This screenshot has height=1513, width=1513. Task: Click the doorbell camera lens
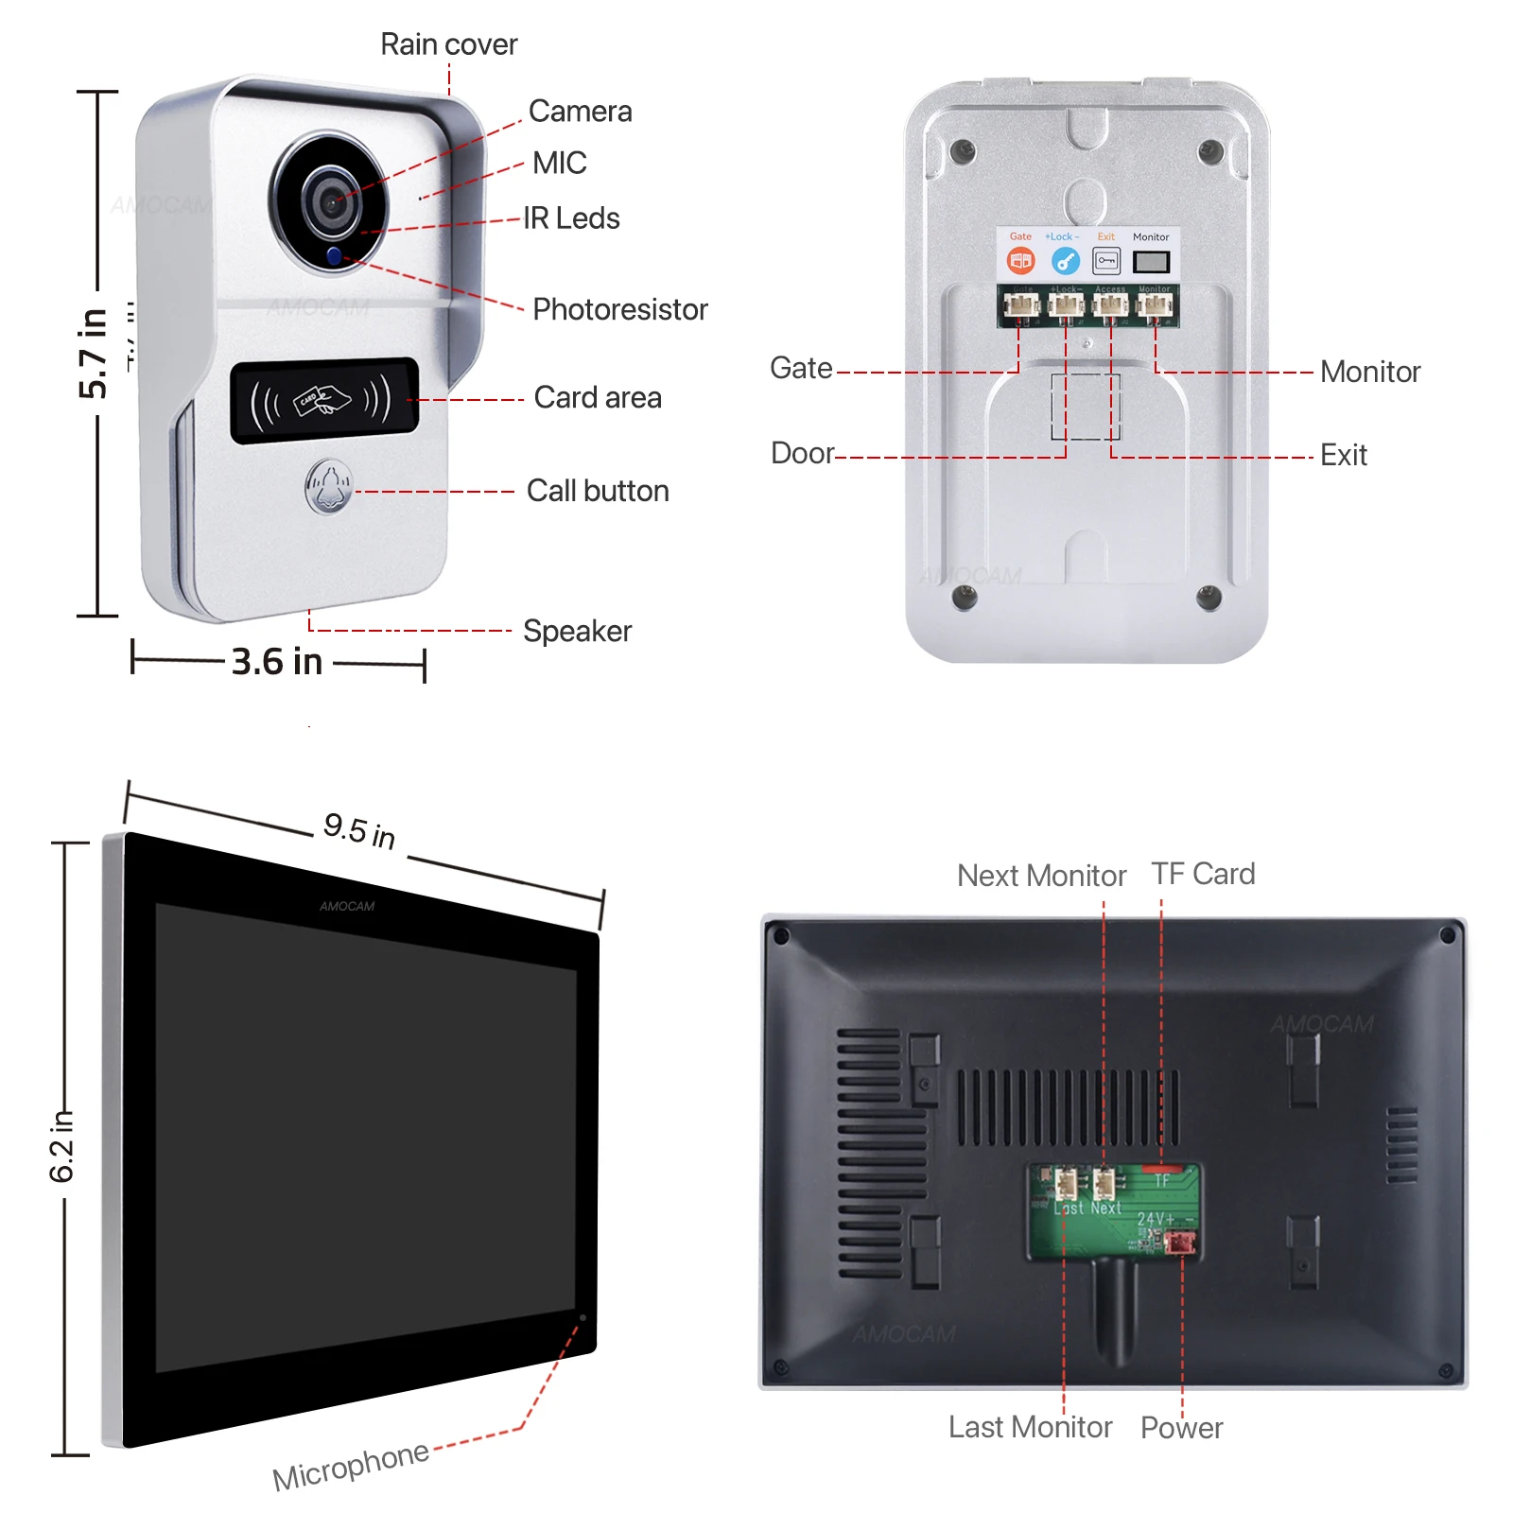tap(331, 201)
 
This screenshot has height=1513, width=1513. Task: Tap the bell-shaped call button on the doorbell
tap(328, 488)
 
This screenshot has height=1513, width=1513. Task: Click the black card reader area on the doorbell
tap(324, 400)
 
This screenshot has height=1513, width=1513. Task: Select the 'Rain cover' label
tap(448, 44)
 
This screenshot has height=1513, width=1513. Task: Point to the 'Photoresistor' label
tap(619, 309)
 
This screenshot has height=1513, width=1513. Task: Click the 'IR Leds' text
tap(571, 218)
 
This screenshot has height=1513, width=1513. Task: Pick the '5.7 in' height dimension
tap(93, 353)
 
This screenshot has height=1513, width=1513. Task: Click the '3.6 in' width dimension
tap(277, 662)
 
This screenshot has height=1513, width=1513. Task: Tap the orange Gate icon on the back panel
tap(1020, 260)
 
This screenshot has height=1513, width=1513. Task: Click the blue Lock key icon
tap(1065, 260)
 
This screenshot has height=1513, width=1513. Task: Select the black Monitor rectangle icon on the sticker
tap(1151, 261)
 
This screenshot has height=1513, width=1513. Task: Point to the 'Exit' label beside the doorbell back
tap(1343, 455)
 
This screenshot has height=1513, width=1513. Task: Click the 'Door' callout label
tap(803, 453)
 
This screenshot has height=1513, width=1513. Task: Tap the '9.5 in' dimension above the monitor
tap(359, 830)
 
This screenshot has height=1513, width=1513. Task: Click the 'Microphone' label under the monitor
tap(351, 1465)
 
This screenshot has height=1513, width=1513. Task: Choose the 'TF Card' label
tap(1203, 874)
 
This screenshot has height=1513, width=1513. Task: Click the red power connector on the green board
tap(1181, 1242)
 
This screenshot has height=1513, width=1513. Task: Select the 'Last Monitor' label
tap(1030, 1427)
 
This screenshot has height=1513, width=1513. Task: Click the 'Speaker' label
tap(577, 631)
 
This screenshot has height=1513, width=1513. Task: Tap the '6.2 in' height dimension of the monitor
tap(61, 1146)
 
